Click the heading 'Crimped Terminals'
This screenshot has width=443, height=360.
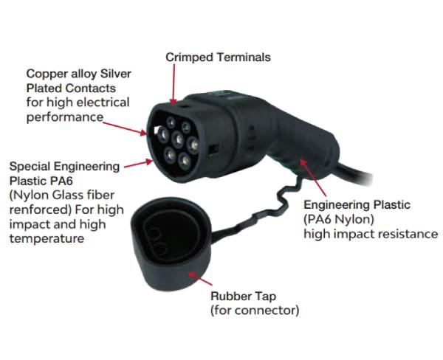tap(218, 57)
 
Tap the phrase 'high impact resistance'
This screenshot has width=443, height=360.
tap(370, 234)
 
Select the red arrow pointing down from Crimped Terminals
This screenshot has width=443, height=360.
tap(175, 83)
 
